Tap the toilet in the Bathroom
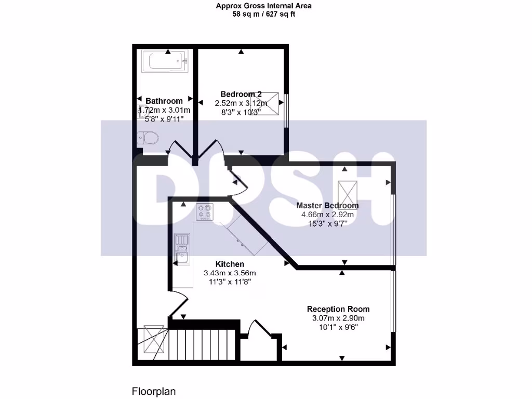(149, 139)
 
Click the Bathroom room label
(164, 101)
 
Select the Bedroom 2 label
(241, 94)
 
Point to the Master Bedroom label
(327, 205)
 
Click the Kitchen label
(230, 264)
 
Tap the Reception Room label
(338, 309)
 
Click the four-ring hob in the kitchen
(205, 212)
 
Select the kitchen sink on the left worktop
(182, 247)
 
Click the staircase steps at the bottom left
(202, 344)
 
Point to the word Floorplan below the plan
(154, 391)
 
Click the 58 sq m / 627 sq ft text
(264, 14)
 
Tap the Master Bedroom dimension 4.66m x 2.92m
(327, 214)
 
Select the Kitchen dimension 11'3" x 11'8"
(230, 282)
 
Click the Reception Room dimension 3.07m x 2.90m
(338, 318)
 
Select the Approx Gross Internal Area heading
(264, 6)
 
